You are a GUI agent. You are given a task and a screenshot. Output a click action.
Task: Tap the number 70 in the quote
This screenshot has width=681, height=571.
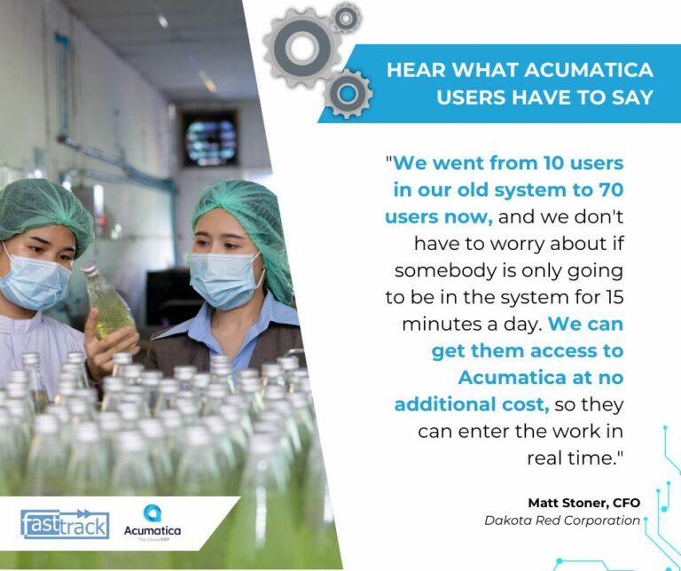click(611, 190)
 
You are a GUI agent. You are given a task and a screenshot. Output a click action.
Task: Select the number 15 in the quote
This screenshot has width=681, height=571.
click(614, 297)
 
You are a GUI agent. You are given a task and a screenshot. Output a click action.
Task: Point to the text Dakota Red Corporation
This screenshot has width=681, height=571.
click(562, 520)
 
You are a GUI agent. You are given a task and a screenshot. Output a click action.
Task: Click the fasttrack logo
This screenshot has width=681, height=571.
click(65, 524)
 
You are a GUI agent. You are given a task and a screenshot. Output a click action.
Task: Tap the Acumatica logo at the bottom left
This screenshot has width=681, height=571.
click(152, 523)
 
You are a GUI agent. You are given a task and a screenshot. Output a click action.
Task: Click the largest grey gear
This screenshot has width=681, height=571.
click(302, 47)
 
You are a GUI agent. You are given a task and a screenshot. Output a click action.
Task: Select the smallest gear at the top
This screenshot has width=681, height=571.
click(346, 18)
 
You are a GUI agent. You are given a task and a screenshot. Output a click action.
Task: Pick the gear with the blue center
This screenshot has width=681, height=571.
click(348, 93)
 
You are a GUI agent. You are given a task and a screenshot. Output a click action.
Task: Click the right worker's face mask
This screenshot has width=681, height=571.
click(223, 280)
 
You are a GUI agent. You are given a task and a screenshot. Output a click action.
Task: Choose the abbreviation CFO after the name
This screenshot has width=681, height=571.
click(626, 503)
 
